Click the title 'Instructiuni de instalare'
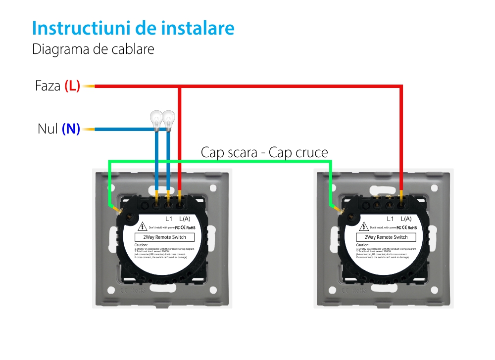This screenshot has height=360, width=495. click(x=133, y=28)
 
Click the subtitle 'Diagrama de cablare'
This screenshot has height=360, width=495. click(x=93, y=49)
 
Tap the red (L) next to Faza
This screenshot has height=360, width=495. click(x=72, y=86)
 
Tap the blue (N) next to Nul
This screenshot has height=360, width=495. click(x=71, y=130)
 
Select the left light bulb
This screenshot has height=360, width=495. click(x=157, y=119)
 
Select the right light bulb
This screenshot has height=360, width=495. click(x=169, y=119)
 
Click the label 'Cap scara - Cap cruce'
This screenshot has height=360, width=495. click(x=264, y=152)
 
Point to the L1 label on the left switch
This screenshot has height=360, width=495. click(x=169, y=219)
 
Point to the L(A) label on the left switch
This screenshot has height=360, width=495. click(x=184, y=219)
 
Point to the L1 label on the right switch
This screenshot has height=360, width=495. click(x=390, y=219)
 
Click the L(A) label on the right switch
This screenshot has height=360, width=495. click(x=405, y=219)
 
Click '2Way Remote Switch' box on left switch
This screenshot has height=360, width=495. click(x=165, y=237)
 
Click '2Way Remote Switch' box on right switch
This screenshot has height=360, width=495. click(x=386, y=237)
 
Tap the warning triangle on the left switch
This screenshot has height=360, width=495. click(x=143, y=227)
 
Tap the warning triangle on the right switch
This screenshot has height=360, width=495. click(x=364, y=227)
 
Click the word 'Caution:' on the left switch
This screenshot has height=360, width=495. click(x=142, y=245)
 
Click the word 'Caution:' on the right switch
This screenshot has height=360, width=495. click(x=363, y=245)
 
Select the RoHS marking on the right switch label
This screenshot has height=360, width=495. click(x=412, y=227)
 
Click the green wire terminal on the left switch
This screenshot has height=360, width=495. click(x=121, y=211)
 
